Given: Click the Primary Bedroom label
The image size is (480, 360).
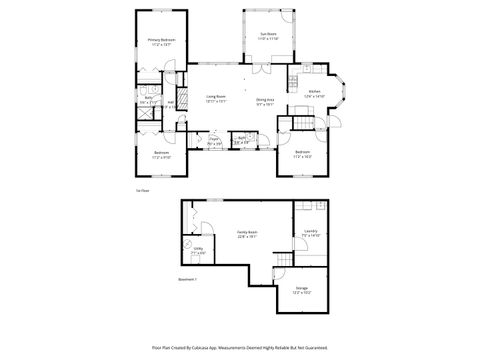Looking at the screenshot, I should point(161,42).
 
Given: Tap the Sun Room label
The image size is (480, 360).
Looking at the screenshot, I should point(268,35).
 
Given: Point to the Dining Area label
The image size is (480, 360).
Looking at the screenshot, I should point(265,101).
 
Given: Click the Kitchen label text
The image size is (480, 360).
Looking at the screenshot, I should point(314,92).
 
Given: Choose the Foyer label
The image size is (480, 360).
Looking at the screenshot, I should point(214,142).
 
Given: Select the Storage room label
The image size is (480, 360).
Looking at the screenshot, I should point(302,289).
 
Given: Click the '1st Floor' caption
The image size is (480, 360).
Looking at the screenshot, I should point(143,189).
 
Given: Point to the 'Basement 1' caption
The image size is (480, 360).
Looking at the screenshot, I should point(187,279).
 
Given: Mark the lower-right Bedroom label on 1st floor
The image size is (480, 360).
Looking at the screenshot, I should point(302,154).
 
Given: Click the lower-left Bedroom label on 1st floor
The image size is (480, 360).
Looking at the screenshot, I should point(161,155).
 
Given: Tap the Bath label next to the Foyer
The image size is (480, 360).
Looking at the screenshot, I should point(242,141).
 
